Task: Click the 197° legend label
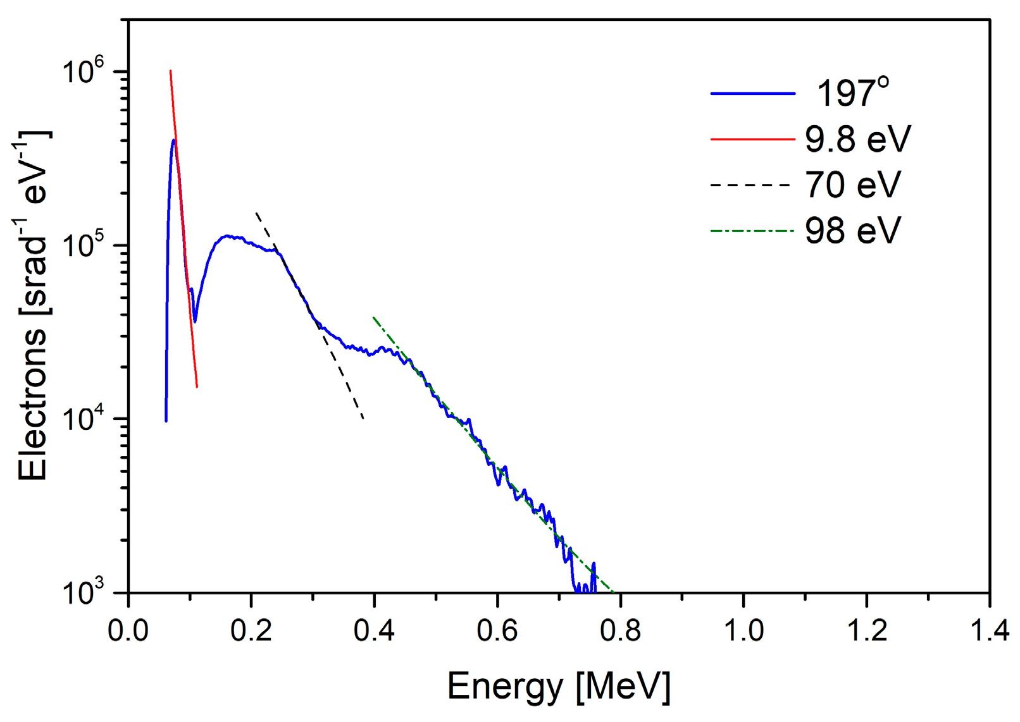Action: point(852,93)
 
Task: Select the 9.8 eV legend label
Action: point(857,138)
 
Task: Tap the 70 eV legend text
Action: point(852,185)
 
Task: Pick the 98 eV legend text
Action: point(852,231)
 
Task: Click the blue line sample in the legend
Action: point(752,94)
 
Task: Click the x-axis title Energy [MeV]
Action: point(558,686)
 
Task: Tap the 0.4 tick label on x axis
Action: point(374,630)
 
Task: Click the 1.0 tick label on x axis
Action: point(743,630)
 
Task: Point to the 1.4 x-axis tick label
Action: point(988,630)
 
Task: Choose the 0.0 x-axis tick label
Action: point(128,630)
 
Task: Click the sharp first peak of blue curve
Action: point(173,140)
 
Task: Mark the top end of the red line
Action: point(170,71)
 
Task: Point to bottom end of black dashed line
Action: point(363,419)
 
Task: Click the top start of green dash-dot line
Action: point(373,317)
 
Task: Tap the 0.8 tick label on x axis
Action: point(620,630)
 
